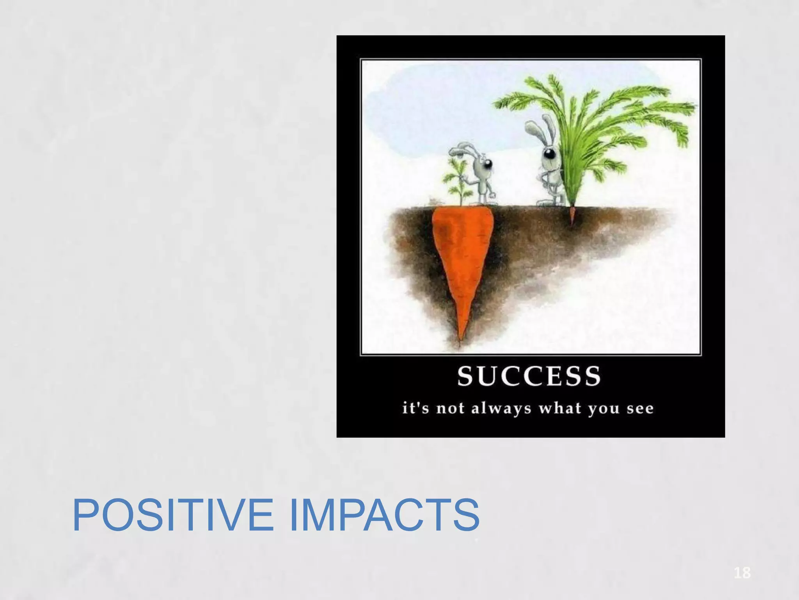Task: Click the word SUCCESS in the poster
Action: pos(529,376)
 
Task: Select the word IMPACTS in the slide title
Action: pos(384,515)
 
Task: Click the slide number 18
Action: pos(742,573)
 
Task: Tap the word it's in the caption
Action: pos(415,409)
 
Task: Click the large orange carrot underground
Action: pos(462,254)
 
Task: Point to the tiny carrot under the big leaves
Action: pos(572,215)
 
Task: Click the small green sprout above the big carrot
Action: pos(455,180)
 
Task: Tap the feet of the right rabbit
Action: pos(548,202)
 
